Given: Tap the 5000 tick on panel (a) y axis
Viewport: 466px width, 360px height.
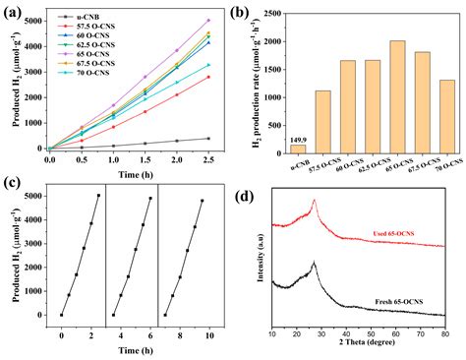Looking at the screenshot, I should [x=32, y=19].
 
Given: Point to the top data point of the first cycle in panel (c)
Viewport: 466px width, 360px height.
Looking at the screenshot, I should [x=98, y=196].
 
